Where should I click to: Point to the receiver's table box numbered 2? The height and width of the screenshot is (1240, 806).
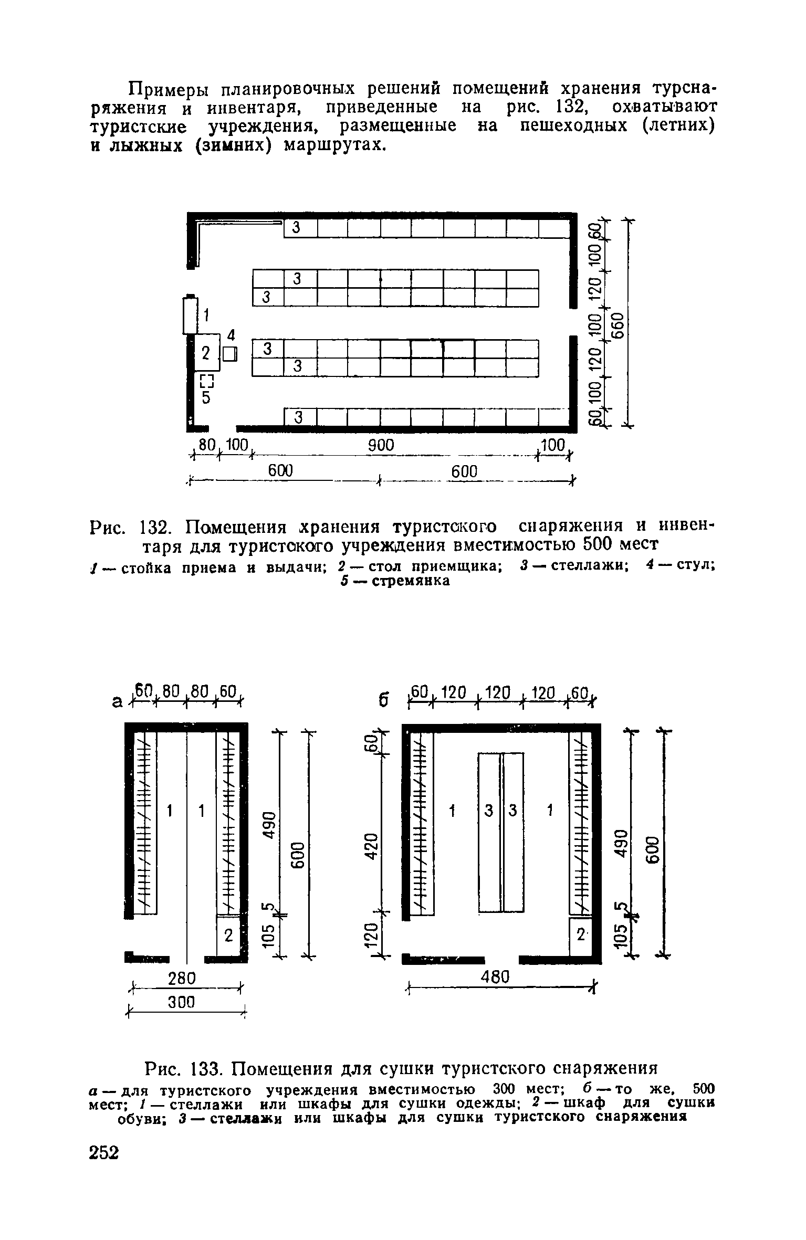pyautogui.click(x=206, y=353)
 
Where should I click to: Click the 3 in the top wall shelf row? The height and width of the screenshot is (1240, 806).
pyautogui.click(x=297, y=228)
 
